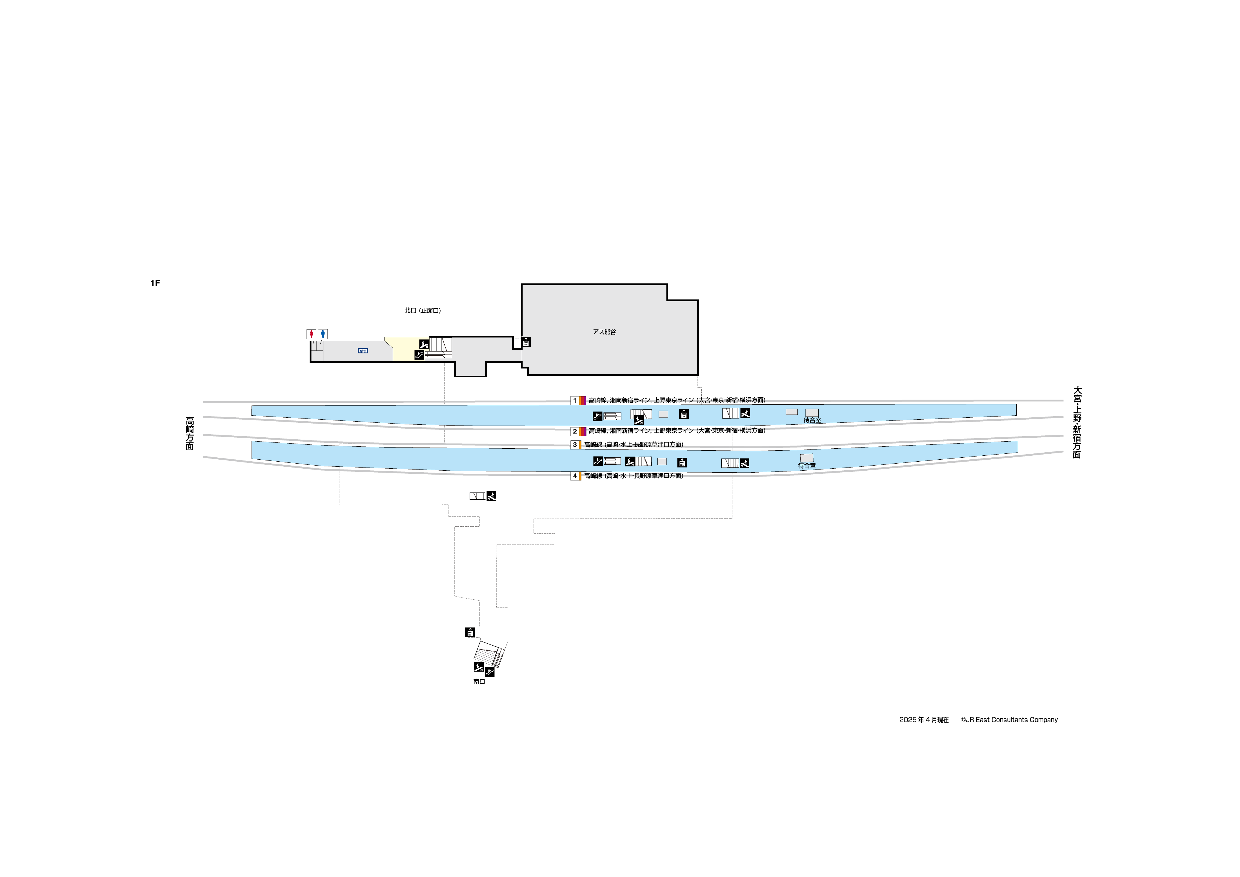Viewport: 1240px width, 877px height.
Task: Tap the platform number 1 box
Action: coord(575,400)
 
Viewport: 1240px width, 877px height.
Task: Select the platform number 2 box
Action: coord(575,431)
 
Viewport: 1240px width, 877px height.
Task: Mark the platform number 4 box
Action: coord(575,476)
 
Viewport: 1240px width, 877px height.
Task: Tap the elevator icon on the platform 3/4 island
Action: coord(682,462)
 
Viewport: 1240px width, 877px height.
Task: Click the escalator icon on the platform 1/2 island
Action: coord(597,416)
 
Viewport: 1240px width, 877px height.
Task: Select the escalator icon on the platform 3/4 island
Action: coord(597,461)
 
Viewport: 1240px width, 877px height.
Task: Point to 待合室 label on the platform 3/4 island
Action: coord(807,466)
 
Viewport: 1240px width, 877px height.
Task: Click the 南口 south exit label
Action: coord(479,682)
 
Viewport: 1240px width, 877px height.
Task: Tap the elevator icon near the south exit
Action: coord(470,632)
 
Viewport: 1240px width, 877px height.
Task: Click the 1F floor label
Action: coord(155,283)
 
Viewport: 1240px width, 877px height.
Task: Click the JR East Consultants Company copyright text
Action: coord(1009,720)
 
